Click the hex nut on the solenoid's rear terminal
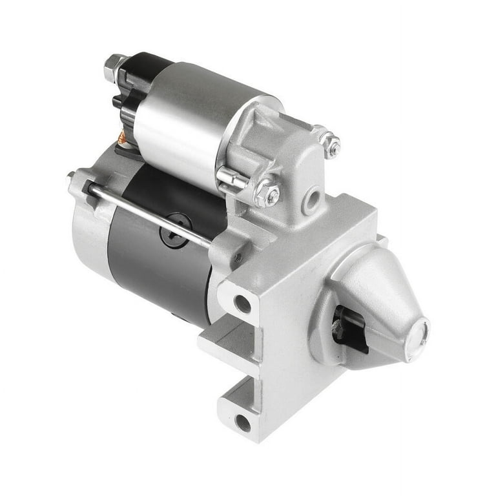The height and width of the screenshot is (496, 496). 114,67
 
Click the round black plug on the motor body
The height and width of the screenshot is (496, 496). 176,230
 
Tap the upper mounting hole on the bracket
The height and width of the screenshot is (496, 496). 242,303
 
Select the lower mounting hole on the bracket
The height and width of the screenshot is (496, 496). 243,422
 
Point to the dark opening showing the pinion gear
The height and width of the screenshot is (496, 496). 349,330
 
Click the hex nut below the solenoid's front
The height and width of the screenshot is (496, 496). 267,194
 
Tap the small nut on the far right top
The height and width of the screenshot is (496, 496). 331,145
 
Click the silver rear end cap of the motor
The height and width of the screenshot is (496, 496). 90,232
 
